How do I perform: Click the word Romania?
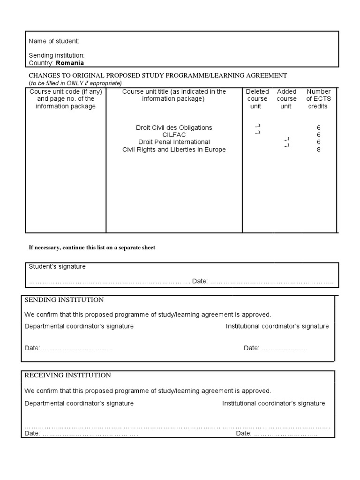[70, 63]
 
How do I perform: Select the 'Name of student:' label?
[54, 41]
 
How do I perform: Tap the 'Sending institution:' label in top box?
[57, 56]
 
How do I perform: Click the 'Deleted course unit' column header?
[257, 99]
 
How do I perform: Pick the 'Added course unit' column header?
[286, 99]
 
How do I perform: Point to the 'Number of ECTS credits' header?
[318, 99]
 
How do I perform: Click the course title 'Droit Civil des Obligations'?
[174, 127]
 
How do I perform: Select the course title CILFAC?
[174, 135]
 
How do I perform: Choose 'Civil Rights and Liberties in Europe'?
[174, 150]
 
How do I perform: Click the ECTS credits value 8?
[319, 150]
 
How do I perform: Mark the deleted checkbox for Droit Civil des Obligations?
[257, 126]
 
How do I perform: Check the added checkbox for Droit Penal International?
[287, 140]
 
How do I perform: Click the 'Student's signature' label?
[57, 266]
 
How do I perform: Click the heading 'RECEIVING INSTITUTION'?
[67, 375]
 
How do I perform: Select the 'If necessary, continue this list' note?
[92, 247]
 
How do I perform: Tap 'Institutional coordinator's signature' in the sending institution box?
[277, 326]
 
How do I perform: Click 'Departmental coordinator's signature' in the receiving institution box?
[79, 403]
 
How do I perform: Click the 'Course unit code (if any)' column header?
[66, 91]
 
